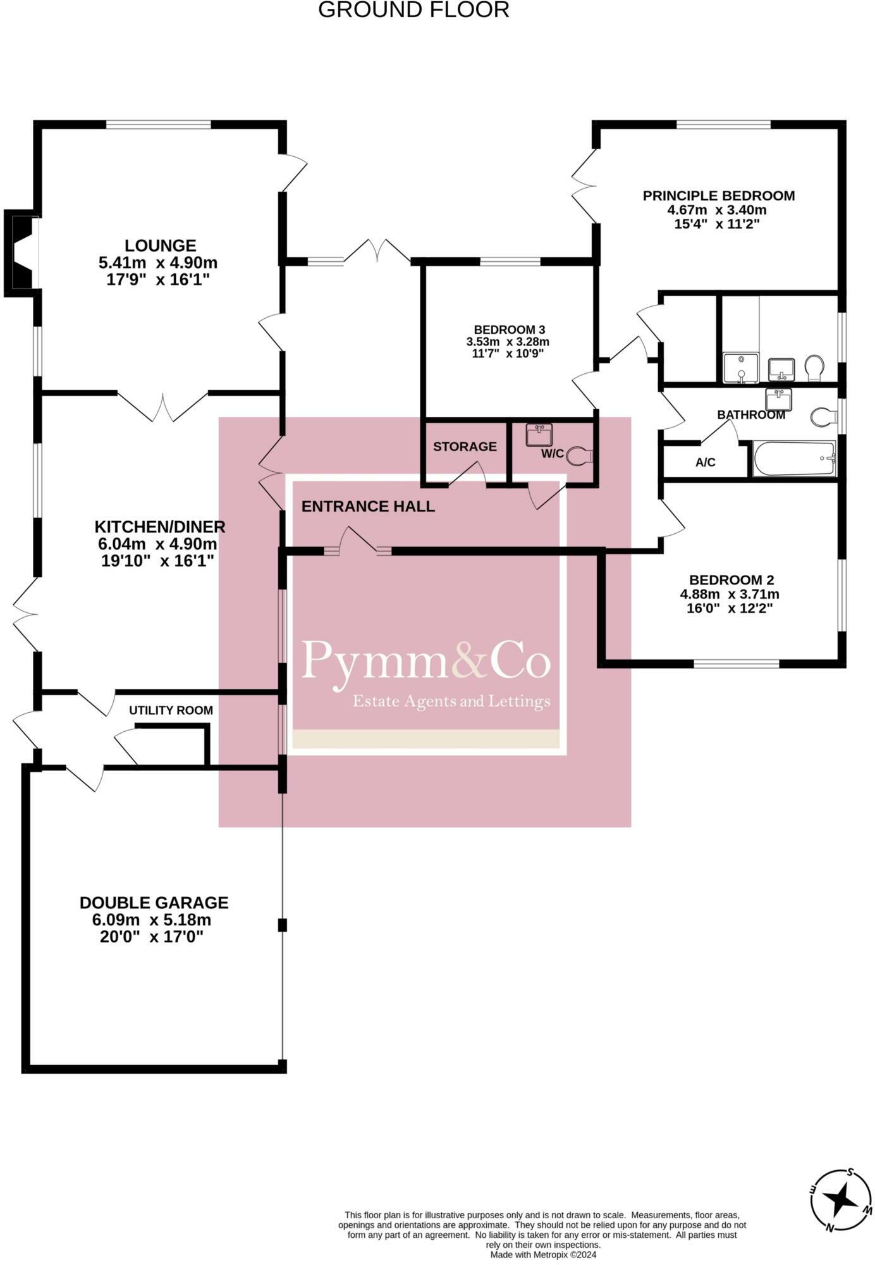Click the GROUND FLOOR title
coord(413,10)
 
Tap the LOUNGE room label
coord(160,245)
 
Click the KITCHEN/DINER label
coord(159,526)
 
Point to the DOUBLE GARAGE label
coord(154,903)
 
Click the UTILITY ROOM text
coord(171,710)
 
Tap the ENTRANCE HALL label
coord(368,506)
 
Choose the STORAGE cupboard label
coord(465,447)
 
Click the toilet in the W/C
coord(580,455)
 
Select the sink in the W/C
coord(539,435)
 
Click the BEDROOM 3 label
coord(509,330)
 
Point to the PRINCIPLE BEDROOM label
coord(718,195)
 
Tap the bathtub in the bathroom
coord(794,459)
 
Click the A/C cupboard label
coord(705,462)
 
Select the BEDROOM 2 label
coord(731,579)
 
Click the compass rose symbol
coord(841,1199)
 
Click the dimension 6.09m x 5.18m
coord(152,920)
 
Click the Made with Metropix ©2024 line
coord(543,1254)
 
